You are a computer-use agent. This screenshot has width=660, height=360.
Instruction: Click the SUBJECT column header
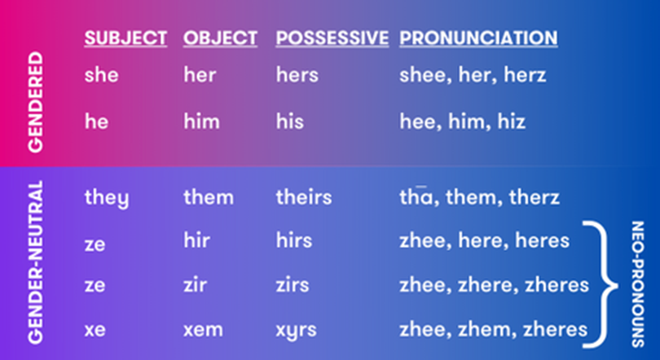click(x=125, y=38)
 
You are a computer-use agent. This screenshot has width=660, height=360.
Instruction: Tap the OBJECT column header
click(x=220, y=38)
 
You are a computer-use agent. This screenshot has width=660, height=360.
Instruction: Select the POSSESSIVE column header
click(x=332, y=38)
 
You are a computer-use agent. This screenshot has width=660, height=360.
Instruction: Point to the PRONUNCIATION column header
click(x=478, y=38)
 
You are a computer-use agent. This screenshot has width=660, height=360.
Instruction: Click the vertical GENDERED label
click(x=35, y=102)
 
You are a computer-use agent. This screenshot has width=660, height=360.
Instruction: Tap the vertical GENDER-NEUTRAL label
click(x=35, y=262)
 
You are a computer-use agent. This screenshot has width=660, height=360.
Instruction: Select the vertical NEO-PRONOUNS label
click(x=638, y=284)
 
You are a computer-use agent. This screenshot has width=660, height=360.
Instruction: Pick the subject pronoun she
click(x=101, y=75)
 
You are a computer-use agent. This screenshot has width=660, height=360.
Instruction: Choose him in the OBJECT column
click(x=201, y=121)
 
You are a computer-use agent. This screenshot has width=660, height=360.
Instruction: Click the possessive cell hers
click(x=297, y=75)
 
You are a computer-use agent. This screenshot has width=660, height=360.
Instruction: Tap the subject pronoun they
click(x=107, y=198)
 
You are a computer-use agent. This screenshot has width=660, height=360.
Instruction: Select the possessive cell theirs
click(x=304, y=197)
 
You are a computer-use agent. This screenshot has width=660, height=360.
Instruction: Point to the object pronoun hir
click(x=196, y=240)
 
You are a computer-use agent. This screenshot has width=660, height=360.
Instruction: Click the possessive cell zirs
click(x=293, y=285)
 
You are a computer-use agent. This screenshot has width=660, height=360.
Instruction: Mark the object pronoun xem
click(x=203, y=330)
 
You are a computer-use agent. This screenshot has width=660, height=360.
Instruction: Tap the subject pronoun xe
click(x=95, y=330)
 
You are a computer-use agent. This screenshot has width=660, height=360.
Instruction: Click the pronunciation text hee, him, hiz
click(x=463, y=121)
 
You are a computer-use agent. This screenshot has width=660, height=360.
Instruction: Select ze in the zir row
click(x=95, y=286)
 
